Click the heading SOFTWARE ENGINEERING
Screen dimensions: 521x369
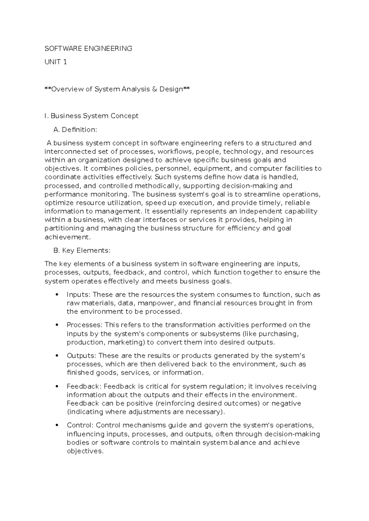coord(88,49)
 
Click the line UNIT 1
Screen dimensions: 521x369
coord(56,62)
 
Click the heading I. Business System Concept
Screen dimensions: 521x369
coord(91,116)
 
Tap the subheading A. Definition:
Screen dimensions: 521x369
coord(75,130)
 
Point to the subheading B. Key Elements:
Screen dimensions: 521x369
coord(81,250)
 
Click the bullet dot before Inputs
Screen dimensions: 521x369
coord(56,295)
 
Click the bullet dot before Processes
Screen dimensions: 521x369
coord(56,325)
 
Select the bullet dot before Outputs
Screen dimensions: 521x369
coord(56,356)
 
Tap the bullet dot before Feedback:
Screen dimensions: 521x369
coord(56,386)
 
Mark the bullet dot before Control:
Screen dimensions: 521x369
coord(56,425)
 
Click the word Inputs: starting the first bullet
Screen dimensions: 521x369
coord(78,295)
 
